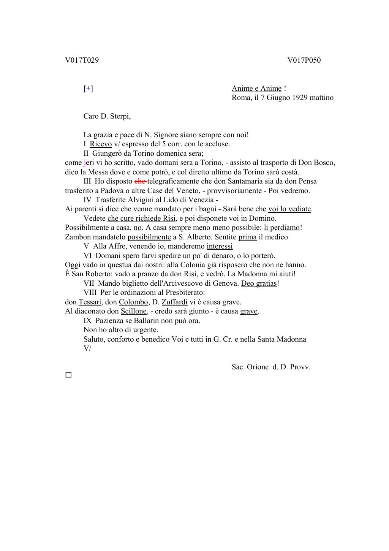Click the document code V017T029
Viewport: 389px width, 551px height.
coord(82,60)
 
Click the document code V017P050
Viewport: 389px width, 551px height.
coord(304,60)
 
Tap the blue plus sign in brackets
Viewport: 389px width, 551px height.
coord(88,89)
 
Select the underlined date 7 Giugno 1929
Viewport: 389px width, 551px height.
coord(284,98)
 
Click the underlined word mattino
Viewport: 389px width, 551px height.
coord(321,98)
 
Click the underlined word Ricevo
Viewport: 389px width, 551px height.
coord(101,144)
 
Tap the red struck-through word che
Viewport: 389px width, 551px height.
coord(140,181)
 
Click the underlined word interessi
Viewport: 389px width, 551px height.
coord(220,246)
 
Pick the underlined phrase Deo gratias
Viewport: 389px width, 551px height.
coord(259,283)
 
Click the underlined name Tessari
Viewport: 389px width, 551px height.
coord(90,302)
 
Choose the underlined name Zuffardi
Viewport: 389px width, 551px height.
coord(174,302)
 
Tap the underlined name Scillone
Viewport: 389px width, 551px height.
coord(134,311)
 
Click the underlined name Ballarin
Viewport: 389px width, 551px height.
coord(146,321)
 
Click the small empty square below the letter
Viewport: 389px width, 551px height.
coord(68,375)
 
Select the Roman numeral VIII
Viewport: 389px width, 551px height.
coord(91,293)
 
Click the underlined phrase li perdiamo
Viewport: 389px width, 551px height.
coord(282,228)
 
